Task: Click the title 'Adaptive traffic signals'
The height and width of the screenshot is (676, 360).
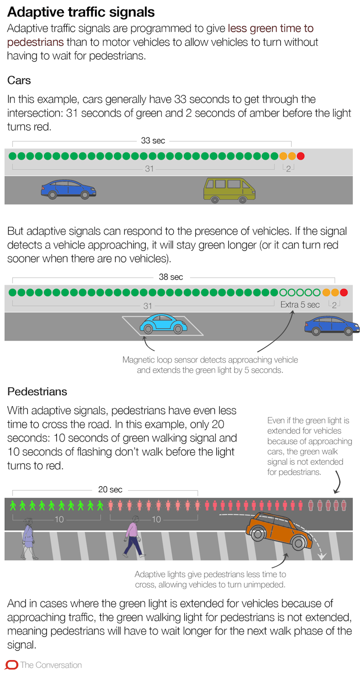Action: tap(81, 11)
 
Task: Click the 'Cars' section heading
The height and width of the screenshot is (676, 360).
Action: tap(19, 80)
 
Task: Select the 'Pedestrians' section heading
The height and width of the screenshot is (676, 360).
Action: tap(37, 392)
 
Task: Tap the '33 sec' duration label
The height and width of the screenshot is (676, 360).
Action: tap(153, 140)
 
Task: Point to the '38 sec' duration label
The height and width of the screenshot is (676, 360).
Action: tap(171, 277)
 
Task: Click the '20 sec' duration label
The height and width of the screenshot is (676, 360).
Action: tap(110, 489)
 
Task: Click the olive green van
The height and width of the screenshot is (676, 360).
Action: tap(229, 190)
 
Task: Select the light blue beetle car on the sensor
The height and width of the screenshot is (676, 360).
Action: tap(163, 324)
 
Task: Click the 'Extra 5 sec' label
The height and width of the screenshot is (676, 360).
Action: tap(300, 304)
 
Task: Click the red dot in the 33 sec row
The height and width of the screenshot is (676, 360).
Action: tap(300, 156)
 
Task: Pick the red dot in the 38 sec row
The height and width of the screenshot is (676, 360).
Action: tap(343, 292)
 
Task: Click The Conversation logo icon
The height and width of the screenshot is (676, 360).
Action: tap(11, 665)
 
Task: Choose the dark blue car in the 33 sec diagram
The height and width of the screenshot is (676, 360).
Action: tap(68, 189)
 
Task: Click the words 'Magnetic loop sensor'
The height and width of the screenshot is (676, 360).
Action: tap(157, 360)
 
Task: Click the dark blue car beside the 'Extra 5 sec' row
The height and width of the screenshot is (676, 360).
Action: tap(332, 325)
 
